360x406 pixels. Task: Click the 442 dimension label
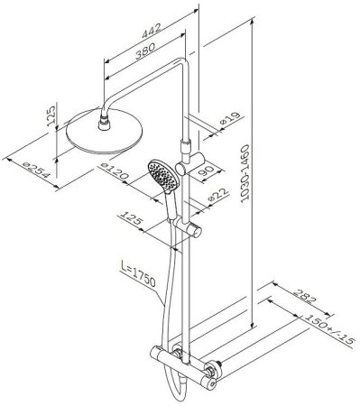[x=152, y=31]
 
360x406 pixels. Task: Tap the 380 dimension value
[x=145, y=51]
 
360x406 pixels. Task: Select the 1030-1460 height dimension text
[x=246, y=172]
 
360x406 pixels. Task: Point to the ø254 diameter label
[x=36, y=171]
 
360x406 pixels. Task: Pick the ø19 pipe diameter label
[x=230, y=118]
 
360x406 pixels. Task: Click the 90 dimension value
[x=207, y=171]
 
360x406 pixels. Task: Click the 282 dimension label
[x=305, y=297]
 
